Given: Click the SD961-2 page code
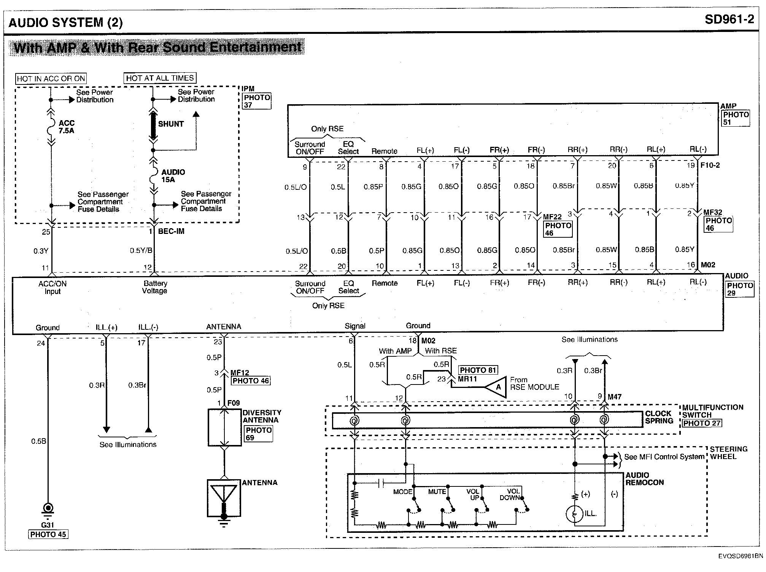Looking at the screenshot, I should [x=729, y=20].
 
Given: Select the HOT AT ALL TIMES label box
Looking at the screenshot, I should [x=160, y=78].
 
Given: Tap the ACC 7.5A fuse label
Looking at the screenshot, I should [x=67, y=127].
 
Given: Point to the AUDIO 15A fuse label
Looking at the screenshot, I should [x=173, y=176].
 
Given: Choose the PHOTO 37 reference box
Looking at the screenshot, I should [x=257, y=101].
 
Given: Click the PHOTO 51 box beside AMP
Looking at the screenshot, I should [x=736, y=118].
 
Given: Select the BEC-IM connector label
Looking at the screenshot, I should [x=171, y=231].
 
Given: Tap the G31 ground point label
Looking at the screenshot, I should [x=48, y=525].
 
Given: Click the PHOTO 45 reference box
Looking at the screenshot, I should [x=48, y=534].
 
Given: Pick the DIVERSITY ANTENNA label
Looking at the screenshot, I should [x=262, y=416].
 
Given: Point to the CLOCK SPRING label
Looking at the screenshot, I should [x=659, y=417].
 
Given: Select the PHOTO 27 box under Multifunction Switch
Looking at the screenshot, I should [x=702, y=423].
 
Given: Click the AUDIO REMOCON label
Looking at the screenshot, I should [x=644, y=479].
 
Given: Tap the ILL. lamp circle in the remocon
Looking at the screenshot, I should [x=575, y=514].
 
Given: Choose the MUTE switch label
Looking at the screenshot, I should [x=437, y=491].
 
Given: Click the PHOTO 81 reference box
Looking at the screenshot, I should [x=478, y=370].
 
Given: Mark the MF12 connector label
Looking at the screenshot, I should [x=240, y=373].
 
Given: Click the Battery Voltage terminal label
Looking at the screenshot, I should [x=155, y=287].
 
